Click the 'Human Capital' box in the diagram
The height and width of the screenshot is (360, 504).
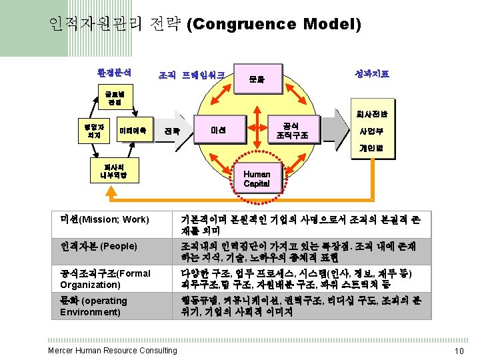pos(257,179)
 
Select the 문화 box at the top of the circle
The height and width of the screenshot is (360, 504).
pos(257,79)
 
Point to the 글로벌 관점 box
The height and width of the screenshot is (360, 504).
pos(106,99)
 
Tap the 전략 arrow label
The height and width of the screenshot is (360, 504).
pos(172,131)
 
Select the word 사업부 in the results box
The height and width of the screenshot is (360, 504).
pos(370,131)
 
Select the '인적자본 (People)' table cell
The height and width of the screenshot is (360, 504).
pos(99,246)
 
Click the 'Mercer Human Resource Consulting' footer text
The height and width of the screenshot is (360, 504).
pos(112,351)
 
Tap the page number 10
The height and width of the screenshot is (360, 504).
pos(458,351)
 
